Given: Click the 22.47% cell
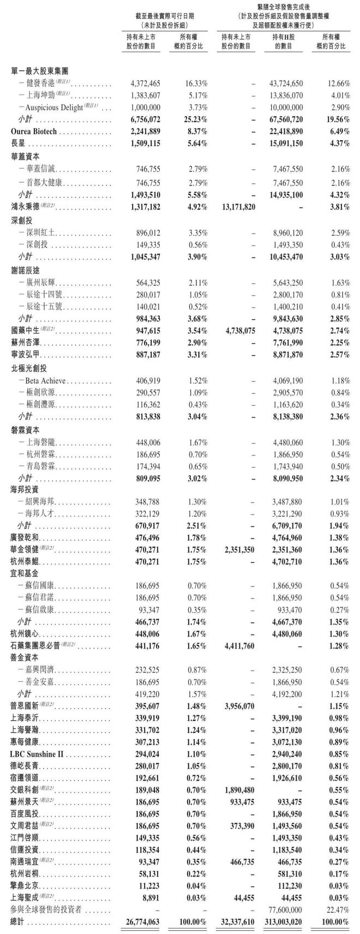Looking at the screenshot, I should coord(338,910).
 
